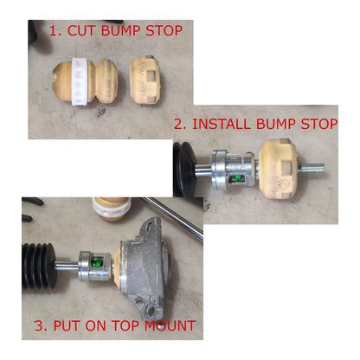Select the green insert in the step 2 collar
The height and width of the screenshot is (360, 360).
coord(237,179)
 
